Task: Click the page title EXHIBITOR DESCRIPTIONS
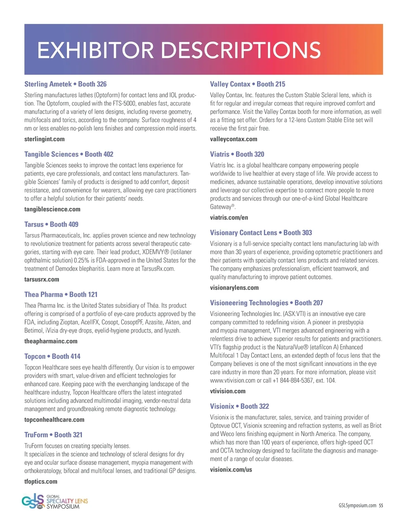(x=179, y=50)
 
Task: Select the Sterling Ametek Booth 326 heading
(x=65, y=84)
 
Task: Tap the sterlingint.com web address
(x=44, y=139)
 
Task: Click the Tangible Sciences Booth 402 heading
(x=69, y=154)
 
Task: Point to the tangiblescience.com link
(x=52, y=209)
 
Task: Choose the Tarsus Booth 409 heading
(x=51, y=224)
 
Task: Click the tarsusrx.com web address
(x=42, y=280)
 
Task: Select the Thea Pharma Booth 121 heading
(x=61, y=295)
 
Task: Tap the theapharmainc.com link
(x=51, y=341)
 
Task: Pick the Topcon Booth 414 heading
(x=52, y=356)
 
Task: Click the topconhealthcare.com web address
(x=54, y=420)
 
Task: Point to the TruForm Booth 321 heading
(x=53, y=435)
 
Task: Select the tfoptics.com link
(x=41, y=482)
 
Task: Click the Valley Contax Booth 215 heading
(x=248, y=84)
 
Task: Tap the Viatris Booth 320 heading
(x=237, y=154)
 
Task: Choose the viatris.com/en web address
(x=229, y=218)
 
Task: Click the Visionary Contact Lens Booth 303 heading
(x=261, y=233)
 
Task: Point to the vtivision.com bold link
(x=228, y=391)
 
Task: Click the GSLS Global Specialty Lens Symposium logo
(x=55, y=502)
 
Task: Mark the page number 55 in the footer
(x=381, y=506)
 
